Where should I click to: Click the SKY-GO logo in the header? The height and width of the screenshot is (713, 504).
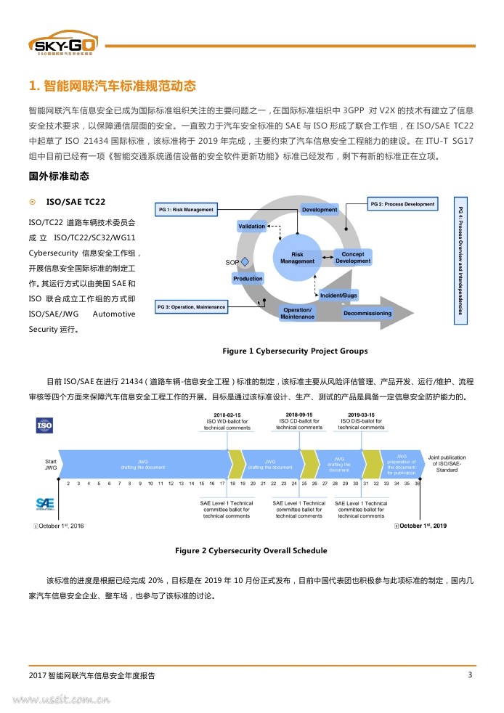click(65, 45)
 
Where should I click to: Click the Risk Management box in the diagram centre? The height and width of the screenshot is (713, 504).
click(297, 258)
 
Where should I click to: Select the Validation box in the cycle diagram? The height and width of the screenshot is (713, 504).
click(252, 227)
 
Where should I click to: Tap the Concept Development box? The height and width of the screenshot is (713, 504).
click(353, 258)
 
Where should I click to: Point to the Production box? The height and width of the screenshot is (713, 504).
click(248, 279)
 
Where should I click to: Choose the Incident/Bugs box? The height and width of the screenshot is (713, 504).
click(338, 296)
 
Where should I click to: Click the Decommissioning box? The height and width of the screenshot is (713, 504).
click(367, 314)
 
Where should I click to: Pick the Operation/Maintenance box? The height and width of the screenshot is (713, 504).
click(297, 314)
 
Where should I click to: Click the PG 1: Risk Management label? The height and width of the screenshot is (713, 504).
click(186, 210)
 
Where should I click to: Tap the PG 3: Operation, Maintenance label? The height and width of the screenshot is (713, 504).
click(191, 307)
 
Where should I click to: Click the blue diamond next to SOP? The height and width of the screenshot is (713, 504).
click(245, 261)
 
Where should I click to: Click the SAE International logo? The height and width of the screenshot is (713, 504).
click(45, 504)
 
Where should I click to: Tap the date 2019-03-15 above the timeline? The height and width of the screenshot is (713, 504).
click(361, 415)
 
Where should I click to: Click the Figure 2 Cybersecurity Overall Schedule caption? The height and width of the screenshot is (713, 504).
click(251, 550)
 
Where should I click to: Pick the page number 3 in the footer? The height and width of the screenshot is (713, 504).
click(470, 675)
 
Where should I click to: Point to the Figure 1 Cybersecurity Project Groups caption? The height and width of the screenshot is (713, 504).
click(295, 351)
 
